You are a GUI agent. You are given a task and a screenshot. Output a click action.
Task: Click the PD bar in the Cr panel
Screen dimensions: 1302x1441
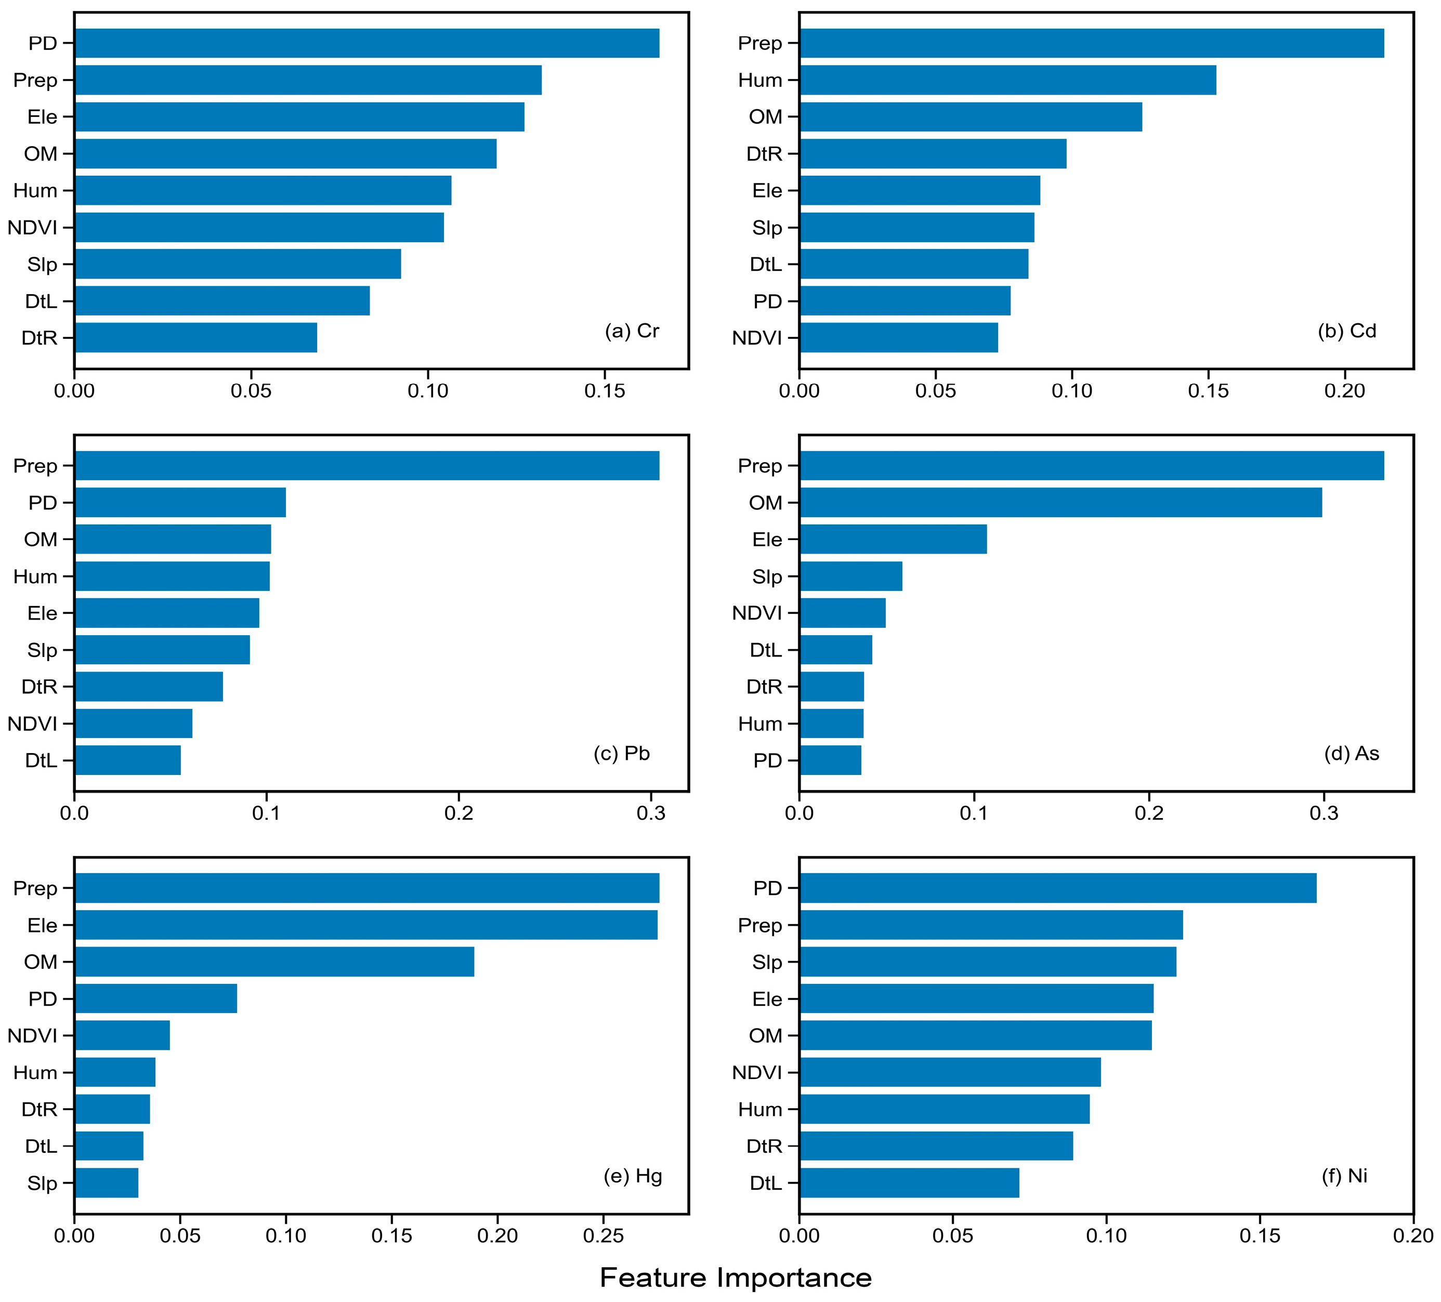(x=366, y=43)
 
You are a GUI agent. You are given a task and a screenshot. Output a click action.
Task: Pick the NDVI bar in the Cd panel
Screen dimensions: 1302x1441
(x=898, y=337)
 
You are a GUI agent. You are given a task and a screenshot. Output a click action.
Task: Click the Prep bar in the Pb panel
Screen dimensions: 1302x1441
(x=366, y=465)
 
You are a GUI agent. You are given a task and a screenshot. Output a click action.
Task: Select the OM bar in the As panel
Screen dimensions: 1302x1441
(x=1060, y=503)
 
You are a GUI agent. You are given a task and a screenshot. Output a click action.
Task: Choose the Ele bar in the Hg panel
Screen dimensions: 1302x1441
(x=365, y=925)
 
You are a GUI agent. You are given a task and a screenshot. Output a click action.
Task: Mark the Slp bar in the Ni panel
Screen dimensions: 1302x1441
(x=987, y=962)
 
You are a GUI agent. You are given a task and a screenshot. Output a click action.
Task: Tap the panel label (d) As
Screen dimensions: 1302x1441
(x=1351, y=753)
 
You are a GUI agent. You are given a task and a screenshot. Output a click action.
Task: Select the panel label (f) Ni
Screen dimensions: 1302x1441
(x=1344, y=1176)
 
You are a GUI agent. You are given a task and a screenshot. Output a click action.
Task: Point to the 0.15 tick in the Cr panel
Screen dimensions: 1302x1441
(x=605, y=391)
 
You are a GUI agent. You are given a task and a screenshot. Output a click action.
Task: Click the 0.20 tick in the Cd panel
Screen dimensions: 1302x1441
(x=1344, y=391)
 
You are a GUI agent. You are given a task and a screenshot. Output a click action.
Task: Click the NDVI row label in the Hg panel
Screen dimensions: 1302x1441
(x=32, y=1035)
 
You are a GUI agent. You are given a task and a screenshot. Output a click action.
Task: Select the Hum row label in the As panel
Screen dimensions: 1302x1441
(x=760, y=724)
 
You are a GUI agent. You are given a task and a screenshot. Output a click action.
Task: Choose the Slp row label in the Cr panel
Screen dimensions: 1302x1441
(x=42, y=265)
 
